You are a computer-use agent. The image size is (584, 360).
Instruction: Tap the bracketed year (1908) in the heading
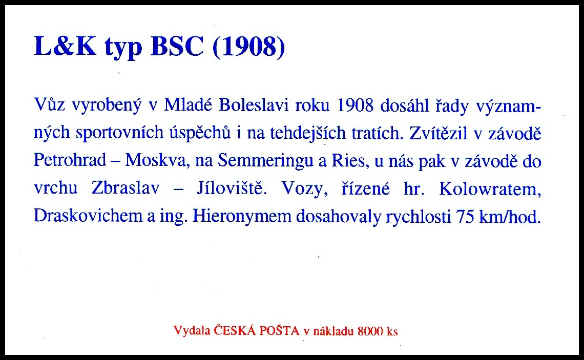(249, 47)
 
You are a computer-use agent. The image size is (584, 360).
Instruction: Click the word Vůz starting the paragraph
(49, 105)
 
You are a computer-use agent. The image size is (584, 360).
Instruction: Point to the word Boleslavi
(254, 105)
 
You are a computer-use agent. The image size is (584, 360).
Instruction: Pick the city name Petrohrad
(70, 160)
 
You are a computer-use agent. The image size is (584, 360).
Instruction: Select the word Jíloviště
(232, 188)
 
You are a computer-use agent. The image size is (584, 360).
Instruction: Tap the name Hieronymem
(242, 216)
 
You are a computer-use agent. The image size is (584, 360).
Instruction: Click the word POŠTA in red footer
(279, 330)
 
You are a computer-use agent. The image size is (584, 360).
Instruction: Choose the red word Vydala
(192, 330)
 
